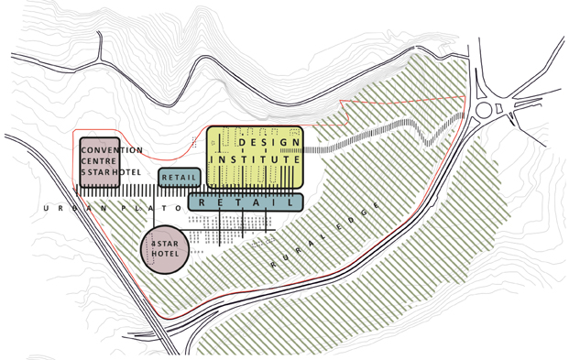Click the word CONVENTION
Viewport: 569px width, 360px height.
112,150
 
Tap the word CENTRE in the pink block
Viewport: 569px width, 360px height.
99,161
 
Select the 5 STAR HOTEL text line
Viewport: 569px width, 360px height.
111,172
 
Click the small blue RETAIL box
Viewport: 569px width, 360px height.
180,178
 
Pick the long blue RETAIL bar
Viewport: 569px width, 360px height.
246,202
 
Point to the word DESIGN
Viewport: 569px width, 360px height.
269,142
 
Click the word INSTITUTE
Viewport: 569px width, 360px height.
256,159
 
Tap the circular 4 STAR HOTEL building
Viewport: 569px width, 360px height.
165,250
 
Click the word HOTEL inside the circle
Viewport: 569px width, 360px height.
165,254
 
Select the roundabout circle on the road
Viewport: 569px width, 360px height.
484,110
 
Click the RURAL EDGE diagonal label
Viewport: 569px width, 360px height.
324,235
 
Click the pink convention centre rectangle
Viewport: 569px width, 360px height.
100,162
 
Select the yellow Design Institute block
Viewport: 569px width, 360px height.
255,158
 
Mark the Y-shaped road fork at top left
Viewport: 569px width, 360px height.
100,58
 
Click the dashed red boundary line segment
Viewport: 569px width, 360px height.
403,100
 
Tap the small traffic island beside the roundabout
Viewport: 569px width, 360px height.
498,108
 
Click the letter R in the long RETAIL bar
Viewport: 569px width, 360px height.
202,202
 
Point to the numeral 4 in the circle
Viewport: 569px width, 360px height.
154,243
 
